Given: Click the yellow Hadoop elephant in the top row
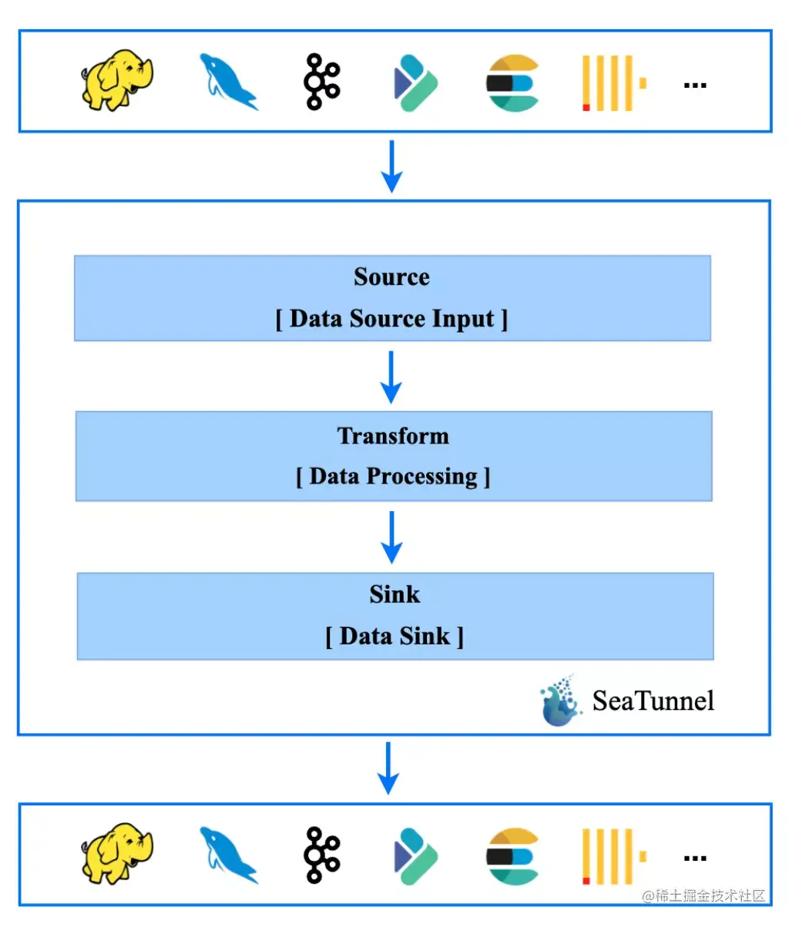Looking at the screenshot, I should (116, 80).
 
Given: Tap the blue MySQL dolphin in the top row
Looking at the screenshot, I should (227, 82).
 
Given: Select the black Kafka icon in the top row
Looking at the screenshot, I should (321, 81).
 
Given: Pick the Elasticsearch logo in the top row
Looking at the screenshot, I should (512, 82).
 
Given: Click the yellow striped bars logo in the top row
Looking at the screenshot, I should (613, 82).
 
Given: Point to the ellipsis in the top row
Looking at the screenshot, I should (695, 85).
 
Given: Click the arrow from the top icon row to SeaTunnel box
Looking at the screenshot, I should (392, 166).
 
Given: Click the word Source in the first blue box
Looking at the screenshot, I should (391, 277).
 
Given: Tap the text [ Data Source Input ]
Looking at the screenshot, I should (391, 319).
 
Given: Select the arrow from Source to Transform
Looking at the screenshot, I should (391, 376).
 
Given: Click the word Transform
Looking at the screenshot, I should (393, 436).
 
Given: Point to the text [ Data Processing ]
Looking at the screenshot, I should (393, 477).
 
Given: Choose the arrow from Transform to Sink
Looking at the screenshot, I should (392, 537).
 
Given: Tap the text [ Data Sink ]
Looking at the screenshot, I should (394, 636).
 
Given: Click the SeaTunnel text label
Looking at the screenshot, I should (653, 701).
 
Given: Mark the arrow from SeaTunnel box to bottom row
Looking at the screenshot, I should (389, 768).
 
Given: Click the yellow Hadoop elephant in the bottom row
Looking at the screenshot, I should (116, 852).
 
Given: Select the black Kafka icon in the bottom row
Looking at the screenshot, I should (321, 854).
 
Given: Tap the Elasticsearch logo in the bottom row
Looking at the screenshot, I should (512, 855).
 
